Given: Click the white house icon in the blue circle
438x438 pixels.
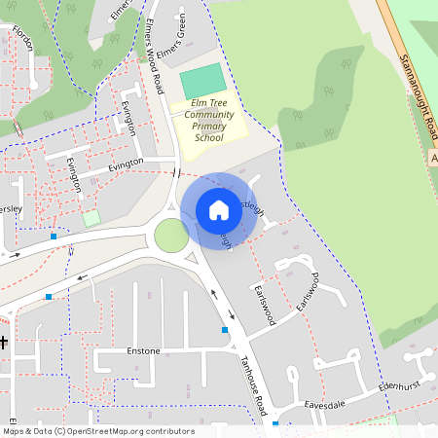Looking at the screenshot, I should (x=219, y=209).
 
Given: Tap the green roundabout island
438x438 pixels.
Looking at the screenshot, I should (x=171, y=236).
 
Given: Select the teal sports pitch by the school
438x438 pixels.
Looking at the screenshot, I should (x=202, y=80).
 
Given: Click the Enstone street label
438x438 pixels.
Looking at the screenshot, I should (x=143, y=349).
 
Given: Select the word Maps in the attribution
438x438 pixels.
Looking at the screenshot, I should (x=15, y=431).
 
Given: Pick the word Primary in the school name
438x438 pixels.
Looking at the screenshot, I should (x=208, y=127).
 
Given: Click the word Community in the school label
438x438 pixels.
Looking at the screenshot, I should (x=208, y=115).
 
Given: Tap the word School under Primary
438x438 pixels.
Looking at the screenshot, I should (x=208, y=138).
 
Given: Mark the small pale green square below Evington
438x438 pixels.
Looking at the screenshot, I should (x=91, y=218).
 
